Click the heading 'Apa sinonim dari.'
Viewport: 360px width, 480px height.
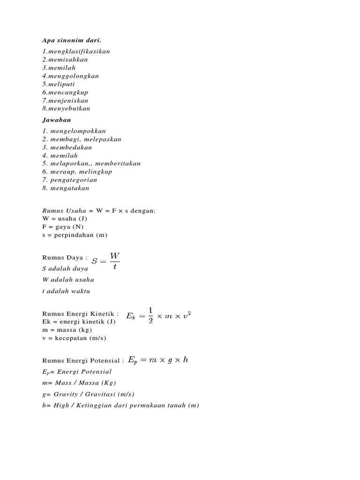coord(72,41)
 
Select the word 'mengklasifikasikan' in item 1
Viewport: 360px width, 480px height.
coord(79,52)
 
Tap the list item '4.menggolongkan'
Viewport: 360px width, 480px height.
coord(70,76)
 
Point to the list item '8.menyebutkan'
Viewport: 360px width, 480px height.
coord(66,109)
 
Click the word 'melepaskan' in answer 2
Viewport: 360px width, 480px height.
coord(104,139)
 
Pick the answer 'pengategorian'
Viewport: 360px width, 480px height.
coord(74,180)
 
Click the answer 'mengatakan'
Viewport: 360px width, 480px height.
coord(69,188)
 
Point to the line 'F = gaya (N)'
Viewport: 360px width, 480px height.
coord(63,227)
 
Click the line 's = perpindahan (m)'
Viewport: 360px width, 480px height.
coord(75,235)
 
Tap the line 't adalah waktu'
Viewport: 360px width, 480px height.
coord(66,291)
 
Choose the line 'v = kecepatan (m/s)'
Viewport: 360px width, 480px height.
coord(71,338)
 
